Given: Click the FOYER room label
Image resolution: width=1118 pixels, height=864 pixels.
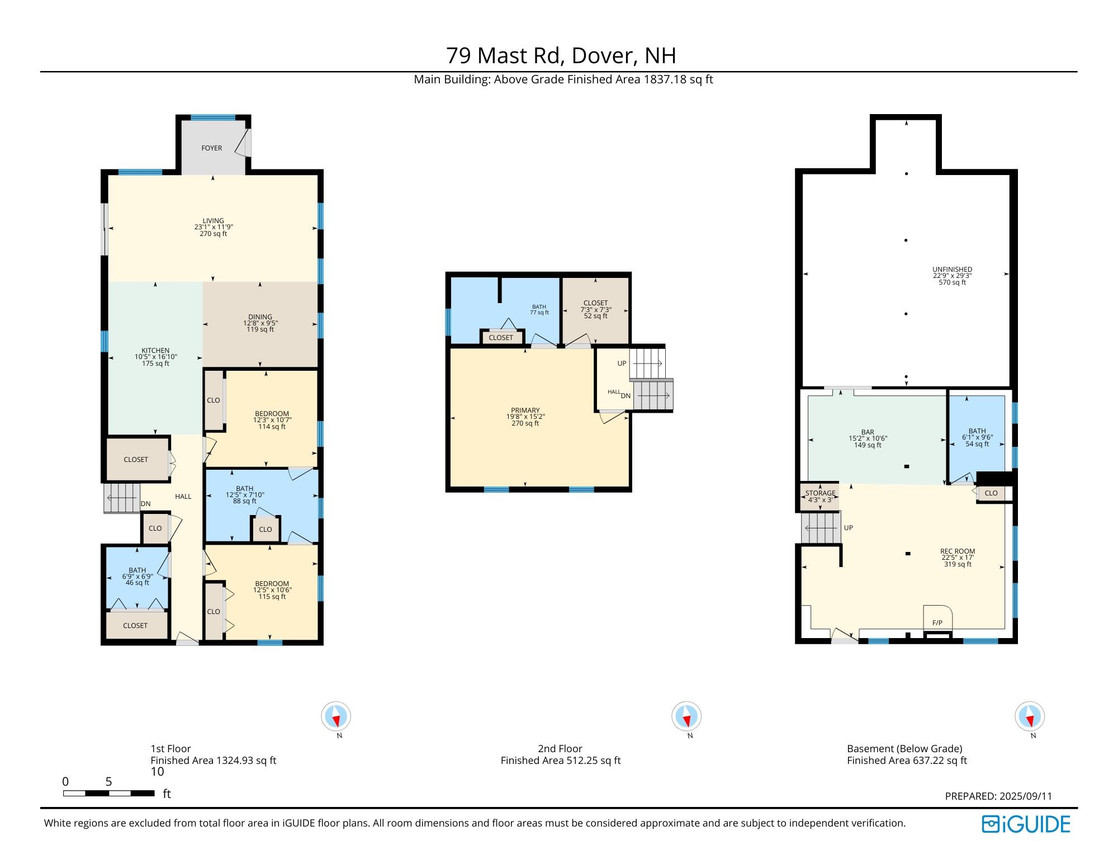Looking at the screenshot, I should tap(211, 148).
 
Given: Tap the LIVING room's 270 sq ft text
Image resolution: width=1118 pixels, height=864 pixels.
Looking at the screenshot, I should tap(213, 234).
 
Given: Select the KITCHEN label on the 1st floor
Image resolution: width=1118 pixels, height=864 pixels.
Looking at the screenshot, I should tap(155, 351).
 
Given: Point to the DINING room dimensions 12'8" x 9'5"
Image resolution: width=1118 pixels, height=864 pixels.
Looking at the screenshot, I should tap(260, 323).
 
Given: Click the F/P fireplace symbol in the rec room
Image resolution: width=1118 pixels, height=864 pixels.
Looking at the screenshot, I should tap(937, 622).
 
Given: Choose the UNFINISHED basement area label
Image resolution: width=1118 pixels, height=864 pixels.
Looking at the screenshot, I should tap(952, 269).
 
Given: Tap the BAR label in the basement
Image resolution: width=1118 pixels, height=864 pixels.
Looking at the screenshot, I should tap(868, 432).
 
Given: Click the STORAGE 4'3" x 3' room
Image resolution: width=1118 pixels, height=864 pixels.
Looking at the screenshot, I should tap(820, 497).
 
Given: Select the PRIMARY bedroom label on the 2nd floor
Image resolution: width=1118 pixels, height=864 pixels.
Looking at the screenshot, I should tap(525, 410).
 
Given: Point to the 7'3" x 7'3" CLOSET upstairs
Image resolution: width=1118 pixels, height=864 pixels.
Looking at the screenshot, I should tap(595, 309).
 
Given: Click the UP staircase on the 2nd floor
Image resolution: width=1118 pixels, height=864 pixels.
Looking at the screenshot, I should tap(647, 363).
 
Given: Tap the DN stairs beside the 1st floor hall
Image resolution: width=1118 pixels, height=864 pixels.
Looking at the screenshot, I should tap(122, 498).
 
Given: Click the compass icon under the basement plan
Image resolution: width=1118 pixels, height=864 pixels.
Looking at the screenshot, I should tap(1029, 716).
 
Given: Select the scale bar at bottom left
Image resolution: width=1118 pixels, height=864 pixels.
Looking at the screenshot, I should tap(108, 793).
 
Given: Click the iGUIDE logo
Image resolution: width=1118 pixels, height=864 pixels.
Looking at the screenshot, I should tap(1026, 824).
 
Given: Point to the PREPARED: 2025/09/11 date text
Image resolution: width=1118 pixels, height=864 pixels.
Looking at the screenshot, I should tap(998, 796).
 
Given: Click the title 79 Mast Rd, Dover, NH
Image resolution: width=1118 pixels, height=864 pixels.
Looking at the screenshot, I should tap(561, 55).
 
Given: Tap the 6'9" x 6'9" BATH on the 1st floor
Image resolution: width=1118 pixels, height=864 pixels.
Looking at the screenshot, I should tap(138, 577).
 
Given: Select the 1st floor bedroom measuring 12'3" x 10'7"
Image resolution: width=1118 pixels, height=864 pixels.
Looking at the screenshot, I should tap(272, 420).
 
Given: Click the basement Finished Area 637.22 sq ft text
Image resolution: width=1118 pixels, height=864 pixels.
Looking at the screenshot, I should tap(907, 761).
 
